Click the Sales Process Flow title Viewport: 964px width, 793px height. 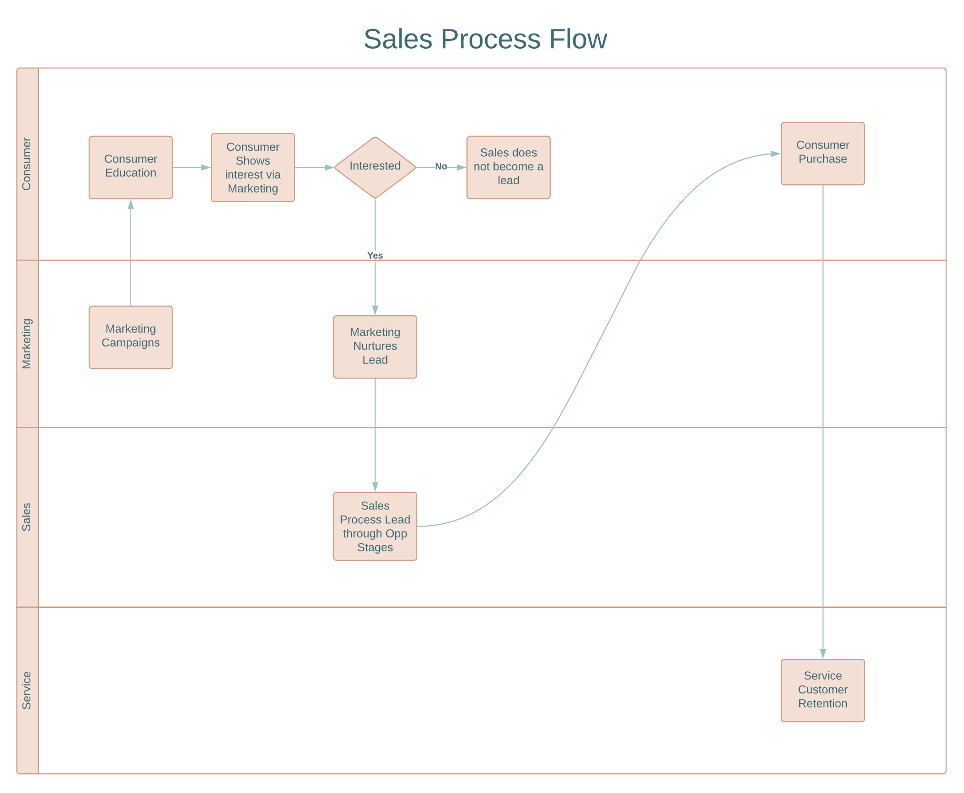coord(485,39)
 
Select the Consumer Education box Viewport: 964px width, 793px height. coord(131,167)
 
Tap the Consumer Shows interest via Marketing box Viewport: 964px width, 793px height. coord(253,167)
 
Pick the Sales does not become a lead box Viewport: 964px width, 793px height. coord(508,167)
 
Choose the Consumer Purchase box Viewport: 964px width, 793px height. coord(823,153)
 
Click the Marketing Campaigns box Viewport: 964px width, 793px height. coord(131,337)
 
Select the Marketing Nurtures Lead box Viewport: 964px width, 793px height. coord(375,347)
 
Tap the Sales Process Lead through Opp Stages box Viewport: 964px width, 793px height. coord(375,527)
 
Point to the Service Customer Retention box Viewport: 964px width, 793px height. coord(823,691)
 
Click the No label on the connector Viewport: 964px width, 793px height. coord(441,167)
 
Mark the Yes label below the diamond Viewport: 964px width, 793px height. coord(375,255)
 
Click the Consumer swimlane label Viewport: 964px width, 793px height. coord(27,164)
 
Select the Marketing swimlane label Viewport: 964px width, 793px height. coord(27,344)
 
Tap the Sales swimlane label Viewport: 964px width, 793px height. coord(27,517)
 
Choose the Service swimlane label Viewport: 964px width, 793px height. coord(27,691)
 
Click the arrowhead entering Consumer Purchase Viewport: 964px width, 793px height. coord(776,154)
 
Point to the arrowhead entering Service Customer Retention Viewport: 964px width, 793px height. coord(823,653)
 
